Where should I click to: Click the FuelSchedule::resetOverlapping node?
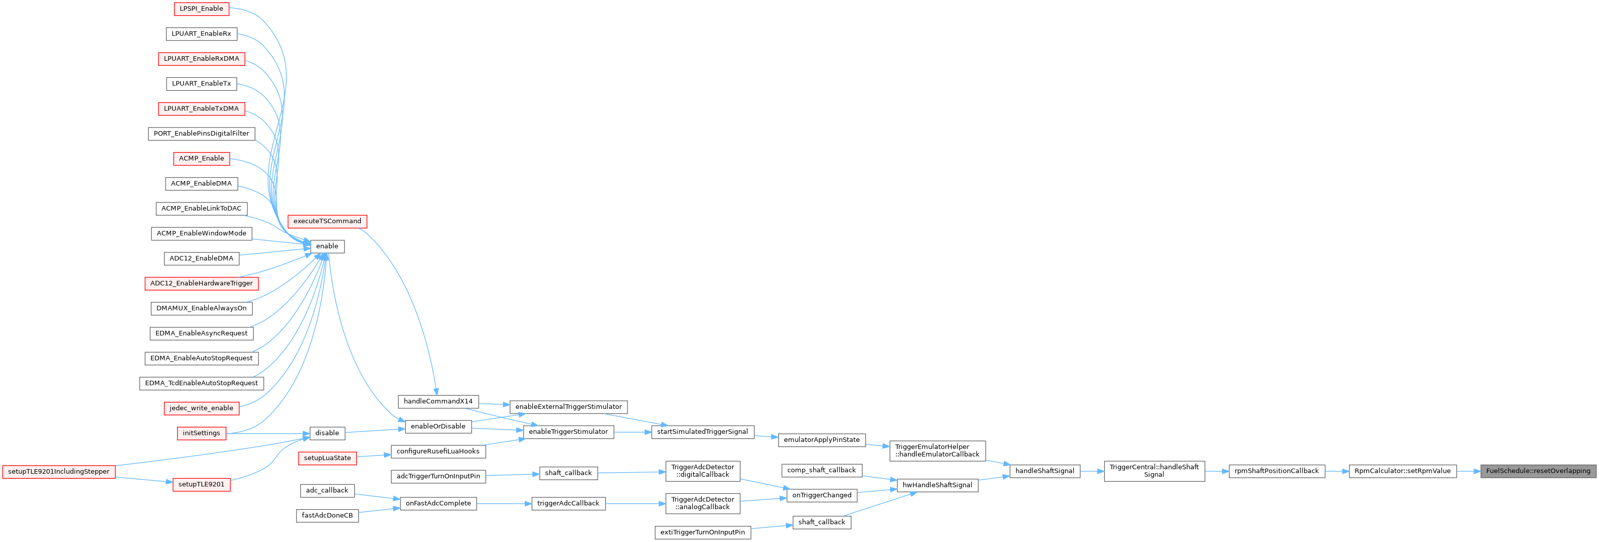pyautogui.click(x=1538, y=471)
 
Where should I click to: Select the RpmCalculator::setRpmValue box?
pyautogui.click(x=1402, y=471)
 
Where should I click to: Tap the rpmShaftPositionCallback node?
pyautogui.click(x=1276, y=471)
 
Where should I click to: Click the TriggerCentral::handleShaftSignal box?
pyautogui.click(x=1154, y=471)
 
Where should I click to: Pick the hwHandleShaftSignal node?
pyautogui.click(x=937, y=485)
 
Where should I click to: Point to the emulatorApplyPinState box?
pyautogui.click(x=821, y=440)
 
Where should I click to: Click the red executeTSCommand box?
pyautogui.click(x=327, y=222)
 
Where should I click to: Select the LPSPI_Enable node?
pyautogui.click(x=201, y=9)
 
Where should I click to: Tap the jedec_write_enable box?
pyautogui.click(x=201, y=408)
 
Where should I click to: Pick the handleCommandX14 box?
pyautogui.click(x=438, y=402)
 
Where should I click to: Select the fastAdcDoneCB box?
pyautogui.click(x=327, y=516)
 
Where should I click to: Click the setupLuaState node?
pyautogui.click(x=327, y=458)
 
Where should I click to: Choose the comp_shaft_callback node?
pyautogui.click(x=821, y=471)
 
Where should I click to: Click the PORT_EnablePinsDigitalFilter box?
pyautogui.click(x=201, y=134)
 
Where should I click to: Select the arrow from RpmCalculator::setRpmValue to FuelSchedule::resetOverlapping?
pyautogui.click(x=1468, y=471)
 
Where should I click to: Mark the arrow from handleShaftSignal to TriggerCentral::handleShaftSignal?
pyautogui.click(x=1092, y=471)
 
